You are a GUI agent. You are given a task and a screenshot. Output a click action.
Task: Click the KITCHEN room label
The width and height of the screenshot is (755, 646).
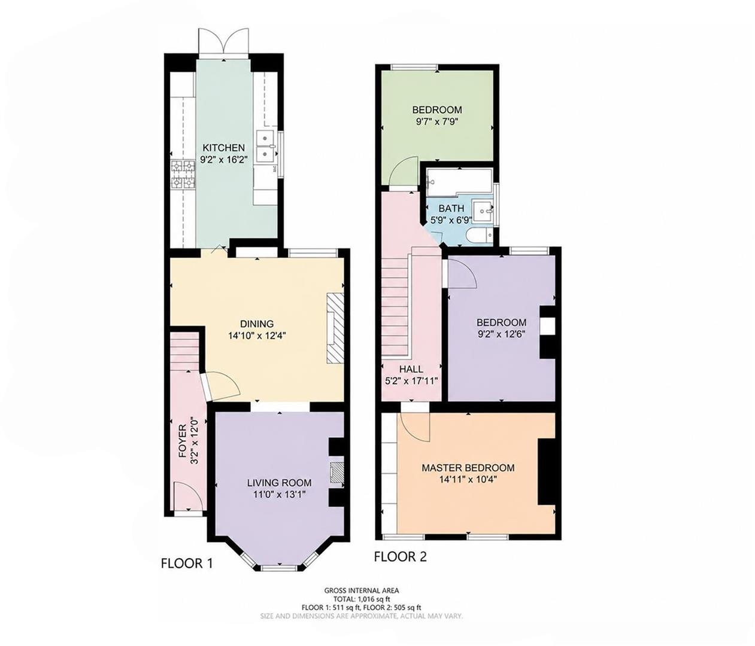(223, 148)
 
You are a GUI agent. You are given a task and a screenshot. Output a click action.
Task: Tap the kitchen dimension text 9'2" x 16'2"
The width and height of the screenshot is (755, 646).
(223, 160)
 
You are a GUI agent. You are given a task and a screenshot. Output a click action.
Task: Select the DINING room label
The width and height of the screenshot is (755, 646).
(257, 324)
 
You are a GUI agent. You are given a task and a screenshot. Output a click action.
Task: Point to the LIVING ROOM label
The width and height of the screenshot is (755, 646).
(280, 483)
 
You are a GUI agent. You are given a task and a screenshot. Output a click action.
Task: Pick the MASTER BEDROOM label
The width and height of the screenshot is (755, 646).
(468, 468)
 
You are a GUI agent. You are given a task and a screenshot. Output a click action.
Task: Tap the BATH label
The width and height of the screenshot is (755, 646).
(451, 208)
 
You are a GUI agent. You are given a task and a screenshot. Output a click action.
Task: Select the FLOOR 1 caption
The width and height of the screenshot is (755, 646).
(187, 563)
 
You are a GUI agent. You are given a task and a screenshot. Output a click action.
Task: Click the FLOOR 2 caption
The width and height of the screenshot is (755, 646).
(401, 557)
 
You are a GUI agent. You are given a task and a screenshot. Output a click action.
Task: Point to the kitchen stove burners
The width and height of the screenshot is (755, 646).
(183, 175)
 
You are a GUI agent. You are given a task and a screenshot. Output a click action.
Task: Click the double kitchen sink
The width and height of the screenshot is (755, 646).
(266, 145)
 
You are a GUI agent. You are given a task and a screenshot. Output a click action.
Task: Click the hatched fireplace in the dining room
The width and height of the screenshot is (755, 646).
(335, 328)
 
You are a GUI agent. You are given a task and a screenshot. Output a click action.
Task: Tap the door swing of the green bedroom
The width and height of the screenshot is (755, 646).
(403, 173)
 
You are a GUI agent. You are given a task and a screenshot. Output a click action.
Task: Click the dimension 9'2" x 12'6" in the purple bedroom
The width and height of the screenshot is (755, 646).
(501, 334)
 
